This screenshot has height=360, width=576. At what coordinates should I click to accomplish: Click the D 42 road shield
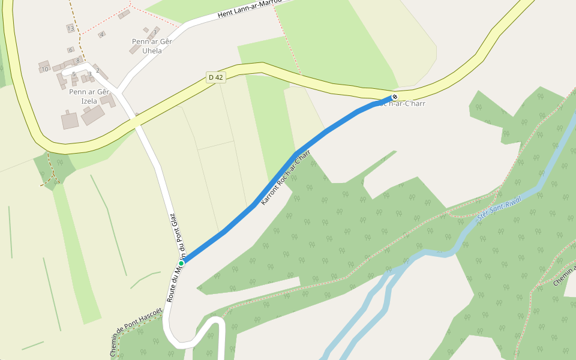[215, 77]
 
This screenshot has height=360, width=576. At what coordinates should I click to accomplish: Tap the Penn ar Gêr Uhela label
[152, 46]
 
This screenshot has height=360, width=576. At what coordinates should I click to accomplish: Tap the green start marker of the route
[181, 263]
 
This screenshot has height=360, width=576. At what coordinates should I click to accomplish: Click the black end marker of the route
[395, 97]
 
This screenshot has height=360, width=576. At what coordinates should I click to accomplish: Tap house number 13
[71, 28]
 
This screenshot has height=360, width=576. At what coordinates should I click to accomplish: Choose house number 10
[44, 69]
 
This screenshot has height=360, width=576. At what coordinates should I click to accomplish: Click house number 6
[70, 50]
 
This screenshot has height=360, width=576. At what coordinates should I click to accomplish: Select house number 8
[77, 60]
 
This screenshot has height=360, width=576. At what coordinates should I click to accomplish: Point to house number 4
[102, 35]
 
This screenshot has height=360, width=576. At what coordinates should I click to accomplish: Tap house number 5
[74, 74]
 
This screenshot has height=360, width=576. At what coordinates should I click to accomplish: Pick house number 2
[97, 70]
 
